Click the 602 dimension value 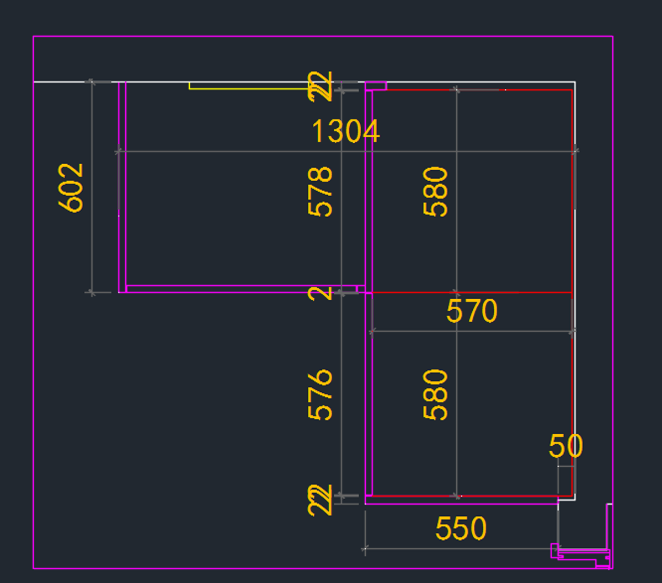(71, 187)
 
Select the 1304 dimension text (346, 132)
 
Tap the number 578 (321, 191)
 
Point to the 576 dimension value (321, 395)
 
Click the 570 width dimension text (472, 311)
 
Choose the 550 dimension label (461, 529)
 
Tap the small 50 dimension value (565, 446)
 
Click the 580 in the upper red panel (435, 191)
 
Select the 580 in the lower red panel (435, 395)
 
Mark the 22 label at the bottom (321, 500)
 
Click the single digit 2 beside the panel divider (321, 293)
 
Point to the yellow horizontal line (248, 88)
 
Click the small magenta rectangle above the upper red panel (376, 85)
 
